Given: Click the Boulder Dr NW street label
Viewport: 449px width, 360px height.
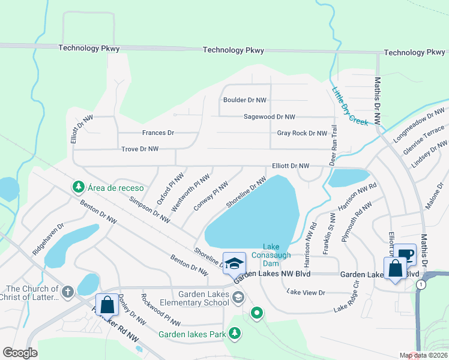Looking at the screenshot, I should tap(244, 100).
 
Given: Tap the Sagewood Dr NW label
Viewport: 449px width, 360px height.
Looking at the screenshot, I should tap(269, 117).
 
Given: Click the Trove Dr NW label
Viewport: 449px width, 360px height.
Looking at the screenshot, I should tap(140, 149).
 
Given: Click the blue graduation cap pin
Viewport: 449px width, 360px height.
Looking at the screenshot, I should tap(234, 263).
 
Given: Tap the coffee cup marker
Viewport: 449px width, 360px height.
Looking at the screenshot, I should tap(406, 255).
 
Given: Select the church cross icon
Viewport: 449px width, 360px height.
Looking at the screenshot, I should tap(68, 292).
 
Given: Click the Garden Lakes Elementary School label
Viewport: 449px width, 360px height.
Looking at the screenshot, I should tap(203, 298).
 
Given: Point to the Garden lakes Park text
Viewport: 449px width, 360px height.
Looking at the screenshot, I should tap(192, 334).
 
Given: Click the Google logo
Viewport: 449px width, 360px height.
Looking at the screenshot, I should tap(20, 352).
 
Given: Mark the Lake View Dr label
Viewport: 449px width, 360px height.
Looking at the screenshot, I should tap(306, 292).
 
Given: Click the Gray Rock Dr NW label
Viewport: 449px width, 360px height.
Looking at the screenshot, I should tap(302, 133).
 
